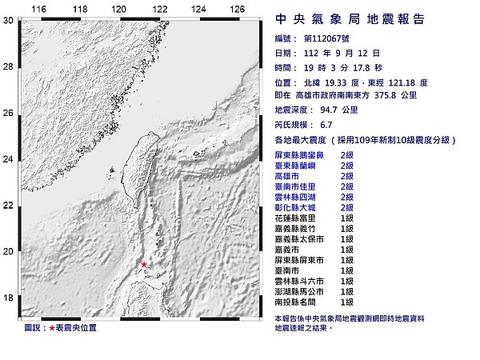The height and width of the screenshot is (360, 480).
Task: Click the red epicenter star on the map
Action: coord(144,265)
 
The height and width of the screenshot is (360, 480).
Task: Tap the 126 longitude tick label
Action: coord(237,10)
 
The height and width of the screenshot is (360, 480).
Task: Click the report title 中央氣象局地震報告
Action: coord(350,18)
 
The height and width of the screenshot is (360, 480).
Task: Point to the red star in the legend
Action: coord(52,328)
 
